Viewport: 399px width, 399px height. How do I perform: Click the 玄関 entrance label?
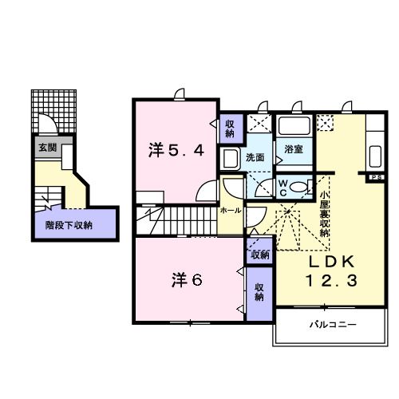[x=45, y=148]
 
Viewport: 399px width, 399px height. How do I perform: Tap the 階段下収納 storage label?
[x=68, y=225]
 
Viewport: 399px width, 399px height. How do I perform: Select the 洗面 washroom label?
[x=255, y=156]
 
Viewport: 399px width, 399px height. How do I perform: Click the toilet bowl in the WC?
[x=298, y=187]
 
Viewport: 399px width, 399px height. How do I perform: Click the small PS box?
[x=375, y=176]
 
